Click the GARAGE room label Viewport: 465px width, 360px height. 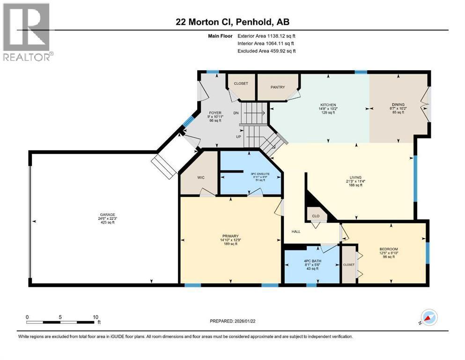point(103,214)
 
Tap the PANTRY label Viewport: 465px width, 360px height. point(278,87)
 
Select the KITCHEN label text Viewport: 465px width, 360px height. point(328,105)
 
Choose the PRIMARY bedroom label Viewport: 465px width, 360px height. point(231,236)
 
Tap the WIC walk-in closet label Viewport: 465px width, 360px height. point(201,178)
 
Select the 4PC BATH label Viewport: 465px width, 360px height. point(311,261)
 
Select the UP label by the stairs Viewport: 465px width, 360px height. point(238,136)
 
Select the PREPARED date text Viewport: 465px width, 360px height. point(233,321)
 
